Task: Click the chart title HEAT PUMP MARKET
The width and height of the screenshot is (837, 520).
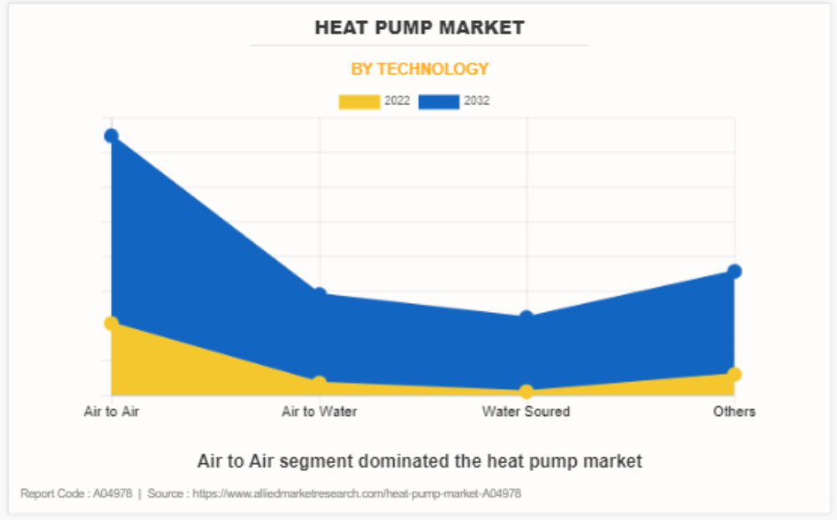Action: coord(419,28)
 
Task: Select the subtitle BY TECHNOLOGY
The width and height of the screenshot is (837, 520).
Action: coord(419,69)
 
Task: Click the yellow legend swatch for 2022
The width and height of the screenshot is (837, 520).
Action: coord(358,102)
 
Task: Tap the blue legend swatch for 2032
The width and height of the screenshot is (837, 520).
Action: coord(439,102)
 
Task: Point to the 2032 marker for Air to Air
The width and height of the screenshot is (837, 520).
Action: coord(111,136)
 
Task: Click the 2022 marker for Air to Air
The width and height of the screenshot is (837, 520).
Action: coord(111,323)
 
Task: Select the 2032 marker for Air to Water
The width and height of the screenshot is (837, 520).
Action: coord(319,294)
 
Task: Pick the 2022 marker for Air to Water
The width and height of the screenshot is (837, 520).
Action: coord(319,383)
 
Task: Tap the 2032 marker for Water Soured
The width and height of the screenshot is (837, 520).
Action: coord(526,316)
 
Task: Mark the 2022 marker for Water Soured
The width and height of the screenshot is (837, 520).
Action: coord(526,391)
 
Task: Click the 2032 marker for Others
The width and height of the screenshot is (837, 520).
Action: coord(734,271)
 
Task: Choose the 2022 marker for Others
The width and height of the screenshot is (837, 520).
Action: coord(734,374)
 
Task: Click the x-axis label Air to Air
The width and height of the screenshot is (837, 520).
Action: coord(111,411)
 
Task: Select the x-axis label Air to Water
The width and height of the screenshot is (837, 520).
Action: coord(319,411)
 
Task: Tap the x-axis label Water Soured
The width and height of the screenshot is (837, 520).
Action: coord(526,411)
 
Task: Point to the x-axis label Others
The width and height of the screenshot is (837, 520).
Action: coord(734,411)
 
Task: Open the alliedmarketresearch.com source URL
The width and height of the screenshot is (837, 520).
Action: coord(357,493)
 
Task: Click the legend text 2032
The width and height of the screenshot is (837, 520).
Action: coord(477,101)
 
